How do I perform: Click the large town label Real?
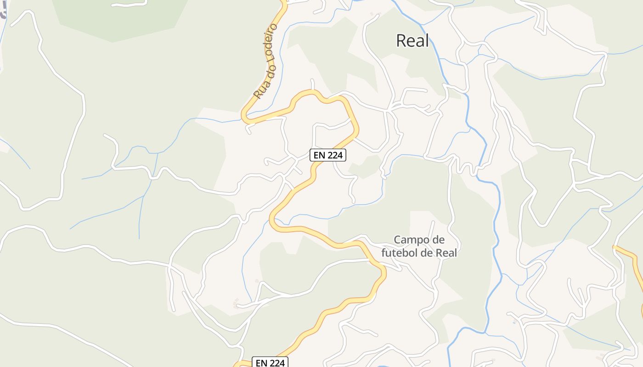tap(412, 41)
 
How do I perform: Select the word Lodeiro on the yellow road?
tap(271, 41)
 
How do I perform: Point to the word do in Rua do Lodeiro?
tap(265, 70)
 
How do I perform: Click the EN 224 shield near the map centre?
tap(327, 155)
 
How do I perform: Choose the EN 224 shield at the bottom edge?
tap(271, 362)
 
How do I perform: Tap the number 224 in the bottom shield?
tap(277, 362)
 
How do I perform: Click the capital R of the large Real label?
tap(400, 41)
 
